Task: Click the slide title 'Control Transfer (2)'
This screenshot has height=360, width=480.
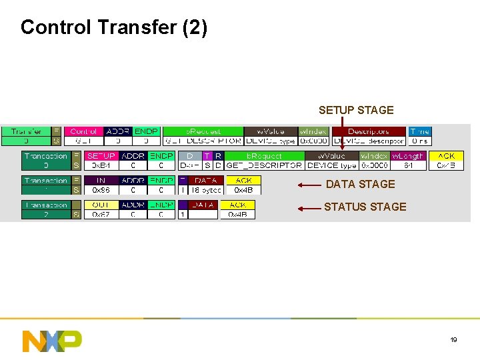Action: [x=114, y=27]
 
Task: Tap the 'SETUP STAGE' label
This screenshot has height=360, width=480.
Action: [x=356, y=110]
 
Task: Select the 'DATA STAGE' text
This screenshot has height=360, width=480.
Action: [x=360, y=184]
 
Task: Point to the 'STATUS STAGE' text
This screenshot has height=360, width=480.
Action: [x=365, y=207]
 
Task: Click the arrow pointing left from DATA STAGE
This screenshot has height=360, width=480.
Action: [x=309, y=185]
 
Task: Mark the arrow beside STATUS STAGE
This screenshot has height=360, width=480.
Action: [x=309, y=208]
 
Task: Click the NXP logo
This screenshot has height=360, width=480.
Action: [x=52, y=340]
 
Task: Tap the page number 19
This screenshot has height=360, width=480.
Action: [x=453, y=340]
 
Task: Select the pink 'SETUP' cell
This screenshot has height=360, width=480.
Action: [x=101, y=156]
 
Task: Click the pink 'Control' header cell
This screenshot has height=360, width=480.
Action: [x=83, y=131]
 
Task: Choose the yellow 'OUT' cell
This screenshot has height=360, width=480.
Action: [x=101, y=205]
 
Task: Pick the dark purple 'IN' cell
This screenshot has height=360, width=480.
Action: [x=101, y=181]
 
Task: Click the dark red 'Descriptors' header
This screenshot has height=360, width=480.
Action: [x=369, y=131]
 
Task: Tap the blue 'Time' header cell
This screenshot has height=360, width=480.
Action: [x=420, y=131]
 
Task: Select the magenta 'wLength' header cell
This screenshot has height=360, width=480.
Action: [x=407, y=156]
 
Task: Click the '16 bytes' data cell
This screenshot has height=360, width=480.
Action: [x=206, y=190]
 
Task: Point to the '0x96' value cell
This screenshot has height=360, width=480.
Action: [x=101, y=190]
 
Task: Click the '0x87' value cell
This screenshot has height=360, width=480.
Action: [x=101, y=214]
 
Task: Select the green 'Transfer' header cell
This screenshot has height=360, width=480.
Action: [x=27, y=131]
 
